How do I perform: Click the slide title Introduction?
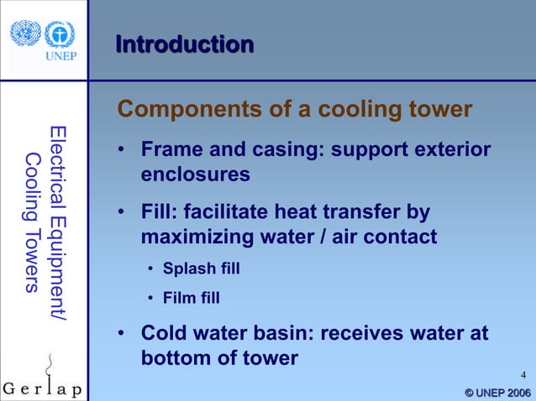coord(184,44)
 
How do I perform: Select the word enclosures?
coord(195,175)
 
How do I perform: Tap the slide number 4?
coord(523,374)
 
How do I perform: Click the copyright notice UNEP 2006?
coord(497,393)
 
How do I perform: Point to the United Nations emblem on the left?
coord(25,34)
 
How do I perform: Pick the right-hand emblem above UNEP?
coord(59,34)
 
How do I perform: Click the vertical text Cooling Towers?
coord(32,223)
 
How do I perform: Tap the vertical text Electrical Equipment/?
coord(57,223)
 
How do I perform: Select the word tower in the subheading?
coord(442,110)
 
